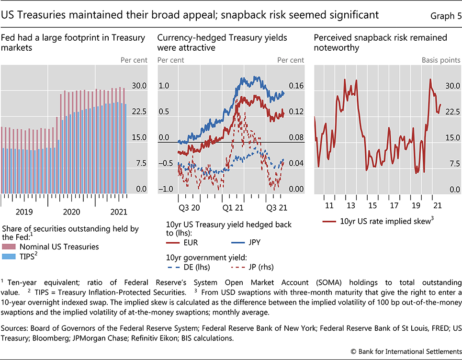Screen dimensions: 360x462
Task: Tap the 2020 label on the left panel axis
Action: pos(72,212)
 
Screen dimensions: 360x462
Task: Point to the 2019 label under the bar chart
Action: pos(24,212)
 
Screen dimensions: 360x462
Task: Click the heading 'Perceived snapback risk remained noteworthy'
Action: pos(381,42)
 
